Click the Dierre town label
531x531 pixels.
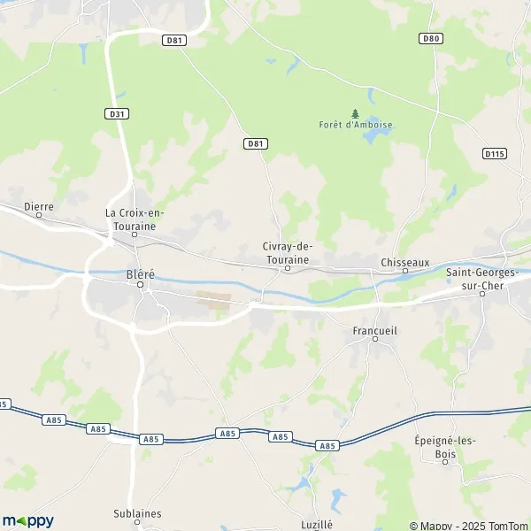click(39, 206)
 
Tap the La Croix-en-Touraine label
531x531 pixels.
click(135, 219)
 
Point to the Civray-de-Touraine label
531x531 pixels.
click(288, 252)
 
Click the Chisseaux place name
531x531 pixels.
click(404, 262)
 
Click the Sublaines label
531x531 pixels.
click(138, 512)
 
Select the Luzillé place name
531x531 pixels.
click(315, 524)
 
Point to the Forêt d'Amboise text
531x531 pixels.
click(356, 125)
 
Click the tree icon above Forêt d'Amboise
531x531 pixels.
click(356, 113)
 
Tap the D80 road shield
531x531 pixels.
click(431, 38)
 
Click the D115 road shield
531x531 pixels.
click(495, 153)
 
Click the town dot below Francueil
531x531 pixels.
click(374, 338)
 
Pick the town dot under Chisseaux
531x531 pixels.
click(405, 273)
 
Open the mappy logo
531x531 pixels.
click(27, 520)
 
